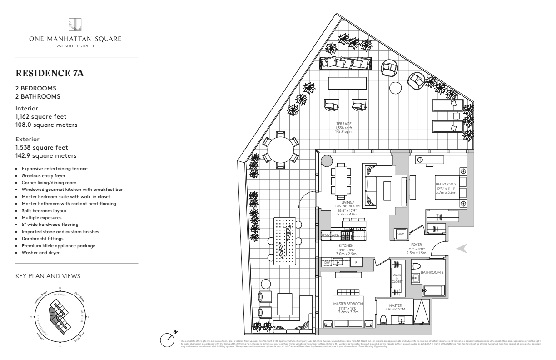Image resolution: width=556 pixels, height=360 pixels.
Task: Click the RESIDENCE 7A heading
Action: pyautogui.click(x=44, y=74)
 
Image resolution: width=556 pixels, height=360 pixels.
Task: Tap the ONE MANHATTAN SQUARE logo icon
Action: pyautogui.click(x=75, y=24)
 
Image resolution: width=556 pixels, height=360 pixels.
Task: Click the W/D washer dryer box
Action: pyautogui.click(x=401, y=234)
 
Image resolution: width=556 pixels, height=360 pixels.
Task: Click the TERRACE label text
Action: pyautogui.click(x=344, y=124)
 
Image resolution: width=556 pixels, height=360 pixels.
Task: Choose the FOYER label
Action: pyautogui.click(x=417, y=244)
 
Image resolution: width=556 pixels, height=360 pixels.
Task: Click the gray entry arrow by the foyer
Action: pyautogui.click(x=462, y=248)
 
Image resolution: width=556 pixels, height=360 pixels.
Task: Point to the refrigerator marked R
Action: pyautogui.click(x=357, y=262)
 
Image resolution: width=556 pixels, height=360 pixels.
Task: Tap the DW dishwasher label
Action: pyautogui.click(x=327, y=262)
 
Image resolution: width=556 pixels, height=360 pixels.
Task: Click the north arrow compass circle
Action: pyautogui.click(x=169, y=340)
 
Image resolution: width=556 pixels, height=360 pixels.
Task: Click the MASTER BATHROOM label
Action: pyautogui.click(x=395, y=307)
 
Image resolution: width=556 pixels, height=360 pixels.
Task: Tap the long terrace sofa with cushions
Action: pyautogui.click(x=345, y=63)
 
